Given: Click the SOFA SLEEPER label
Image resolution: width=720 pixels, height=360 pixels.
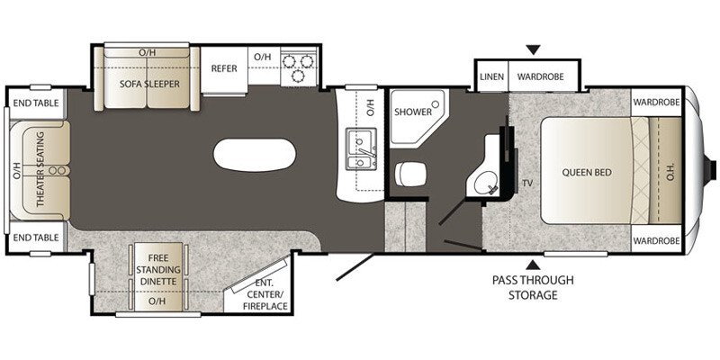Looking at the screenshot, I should point(149,84).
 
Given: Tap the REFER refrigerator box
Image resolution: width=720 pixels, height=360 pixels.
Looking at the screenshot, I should point(223,68).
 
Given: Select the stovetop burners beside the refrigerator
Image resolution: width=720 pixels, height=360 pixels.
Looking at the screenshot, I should point(299,67).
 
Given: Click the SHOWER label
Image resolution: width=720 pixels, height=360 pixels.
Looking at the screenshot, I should point(412,112).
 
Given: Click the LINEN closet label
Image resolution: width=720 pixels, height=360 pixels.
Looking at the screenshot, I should point(491,77).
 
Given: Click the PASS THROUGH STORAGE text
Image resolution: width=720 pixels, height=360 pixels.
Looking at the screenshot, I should point(532,287).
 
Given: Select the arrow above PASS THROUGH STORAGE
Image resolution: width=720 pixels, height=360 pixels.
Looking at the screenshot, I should point(533,264).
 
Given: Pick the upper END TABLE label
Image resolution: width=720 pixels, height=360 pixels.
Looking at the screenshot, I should point(36,103).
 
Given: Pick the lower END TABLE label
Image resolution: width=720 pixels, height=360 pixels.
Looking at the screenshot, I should point(36,238).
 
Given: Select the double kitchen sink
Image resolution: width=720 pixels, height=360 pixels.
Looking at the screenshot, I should point(363,150).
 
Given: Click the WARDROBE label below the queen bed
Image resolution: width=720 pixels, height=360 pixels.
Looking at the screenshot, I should point(654,241).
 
